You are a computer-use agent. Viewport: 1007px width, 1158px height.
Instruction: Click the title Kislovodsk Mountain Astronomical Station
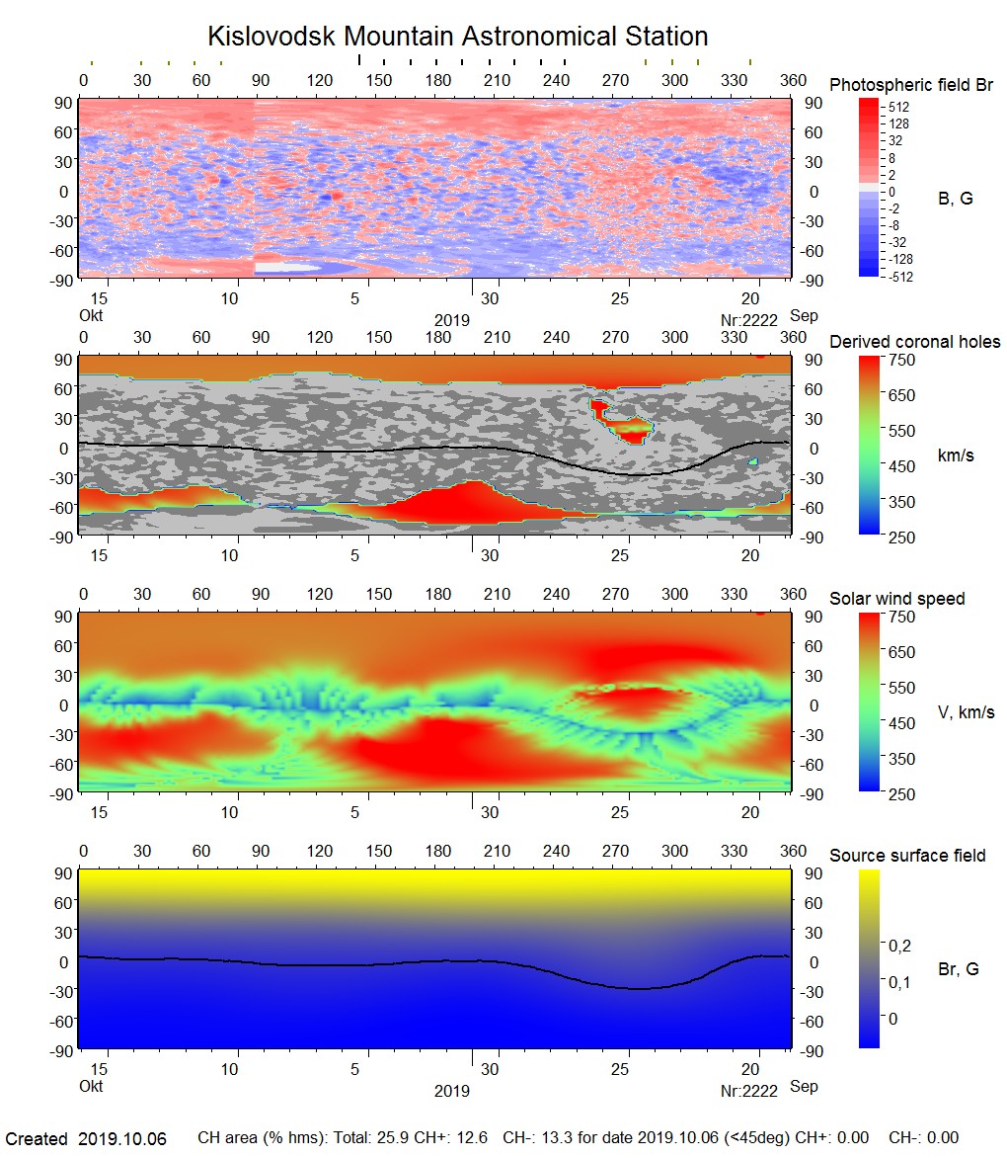(x=457, y=37)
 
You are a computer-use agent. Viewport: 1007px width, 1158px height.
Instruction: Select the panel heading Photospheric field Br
(x=911, y=85)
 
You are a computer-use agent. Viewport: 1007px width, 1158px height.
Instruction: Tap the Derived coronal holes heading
(x=914, y=342)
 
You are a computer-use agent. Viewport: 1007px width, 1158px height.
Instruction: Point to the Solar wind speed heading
(x=896, y=599)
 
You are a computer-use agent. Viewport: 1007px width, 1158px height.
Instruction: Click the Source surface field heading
(x=907, y=856)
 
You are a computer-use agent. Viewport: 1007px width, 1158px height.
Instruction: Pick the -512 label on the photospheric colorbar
(x=899, y=277)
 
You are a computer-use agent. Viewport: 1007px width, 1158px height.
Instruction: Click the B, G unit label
(x=955, y=199)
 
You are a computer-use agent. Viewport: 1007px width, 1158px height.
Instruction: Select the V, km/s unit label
(x=966, y=712)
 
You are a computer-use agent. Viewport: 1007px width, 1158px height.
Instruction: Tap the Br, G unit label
(x=958, y=969)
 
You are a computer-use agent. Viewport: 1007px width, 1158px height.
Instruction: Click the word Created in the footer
(x=37, y=1139)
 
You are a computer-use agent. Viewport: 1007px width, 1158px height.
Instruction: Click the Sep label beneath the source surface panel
(x=804, y=1087)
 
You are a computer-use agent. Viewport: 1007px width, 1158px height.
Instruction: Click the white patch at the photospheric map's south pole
(x=296, y=267)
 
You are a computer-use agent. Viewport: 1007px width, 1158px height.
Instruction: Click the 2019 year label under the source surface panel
(x=451, y=1092)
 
